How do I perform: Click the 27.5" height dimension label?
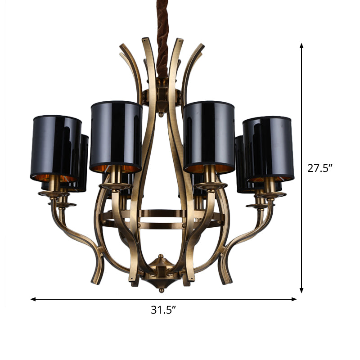[x=320, y=169]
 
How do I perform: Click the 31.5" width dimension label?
[x=163, y=310]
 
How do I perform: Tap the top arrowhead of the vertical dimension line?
[x=302, y=45]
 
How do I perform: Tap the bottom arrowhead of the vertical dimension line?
[x=302, y=291]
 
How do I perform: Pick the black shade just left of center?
[x=116, y=135]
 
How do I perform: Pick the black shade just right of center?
[x=209, y=135]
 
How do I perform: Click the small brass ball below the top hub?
[x=161, y=115]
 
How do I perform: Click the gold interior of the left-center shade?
[x=116, y=169]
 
